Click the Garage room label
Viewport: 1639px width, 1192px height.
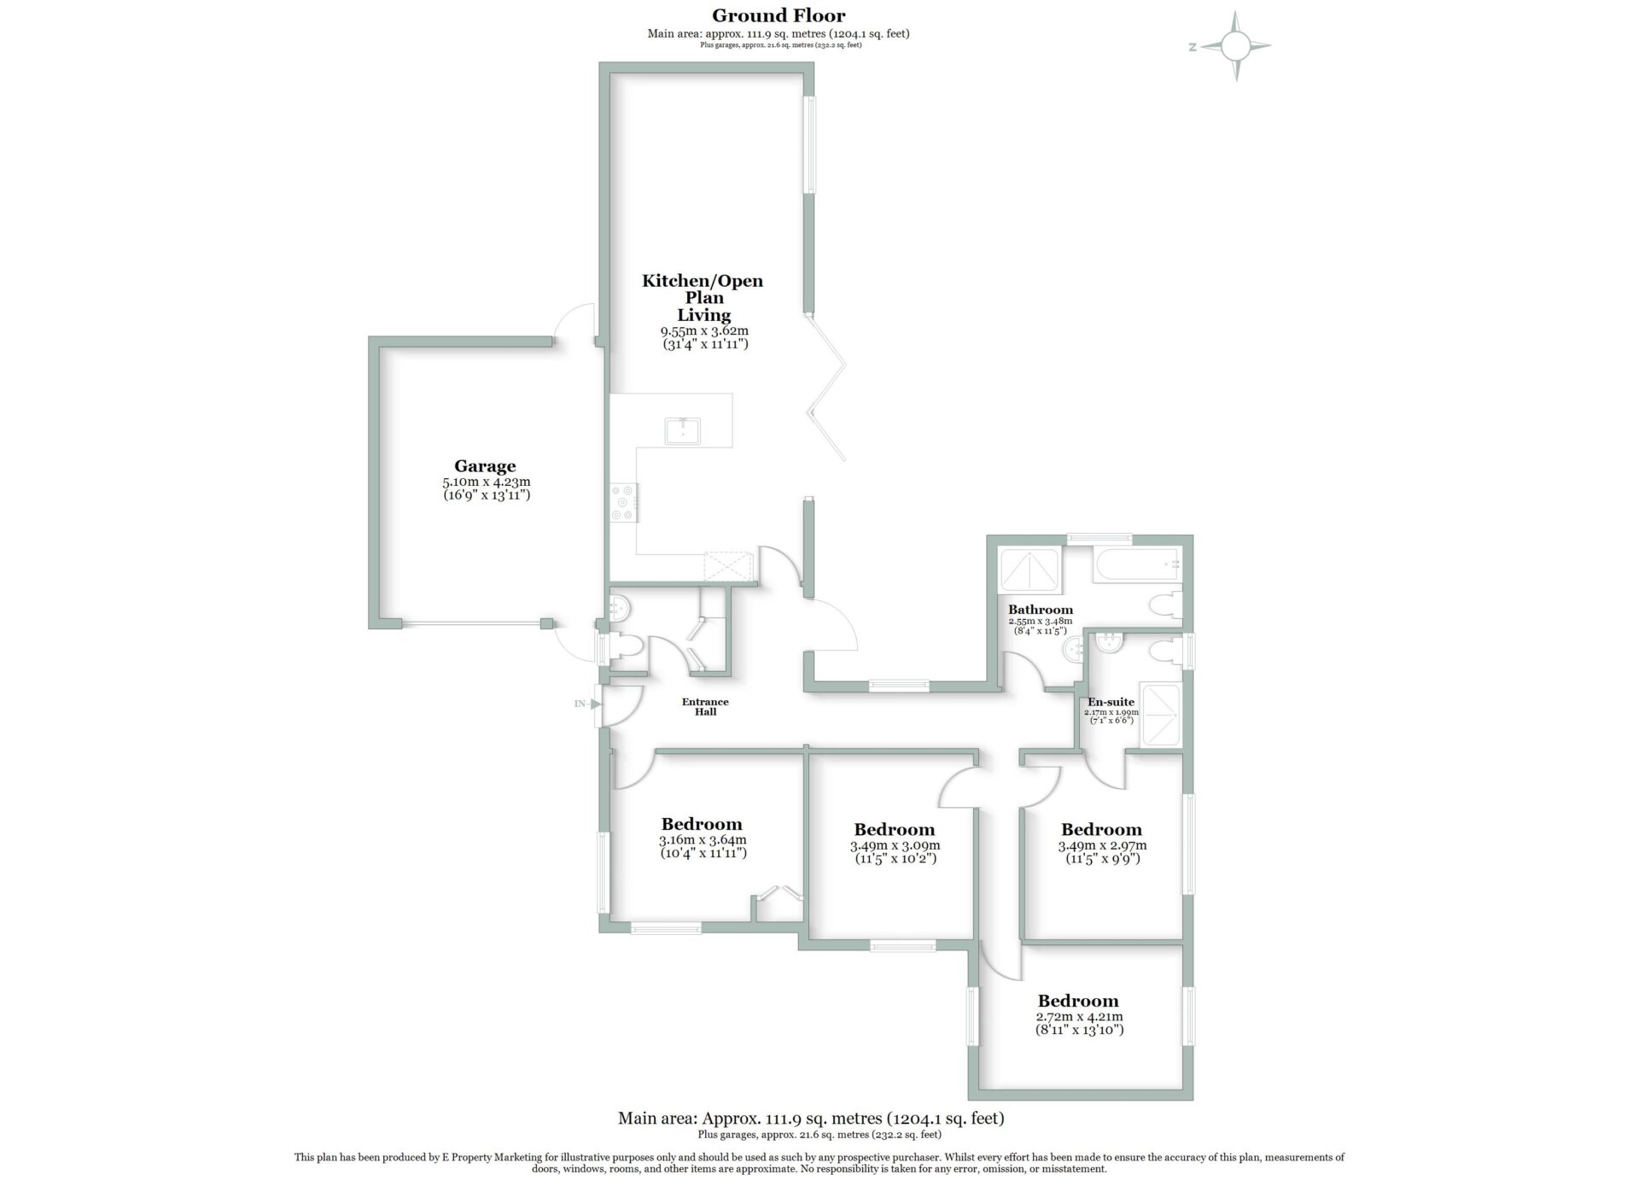coord(485,466)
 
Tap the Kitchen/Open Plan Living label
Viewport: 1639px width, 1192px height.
coord(703,298)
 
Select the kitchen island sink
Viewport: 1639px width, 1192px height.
coord(683,431)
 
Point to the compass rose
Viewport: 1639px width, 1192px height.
coord(1235,46)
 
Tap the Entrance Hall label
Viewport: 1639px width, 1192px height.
coord(705,707)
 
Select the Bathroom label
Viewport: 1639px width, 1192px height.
coord(1041,610)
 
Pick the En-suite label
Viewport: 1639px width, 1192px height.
coord(1111,702)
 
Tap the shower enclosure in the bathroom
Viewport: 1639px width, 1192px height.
coord(1030,569)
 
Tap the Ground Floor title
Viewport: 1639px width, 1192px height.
coord(779,15)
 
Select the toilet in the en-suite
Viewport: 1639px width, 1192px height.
coord(1165,652)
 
